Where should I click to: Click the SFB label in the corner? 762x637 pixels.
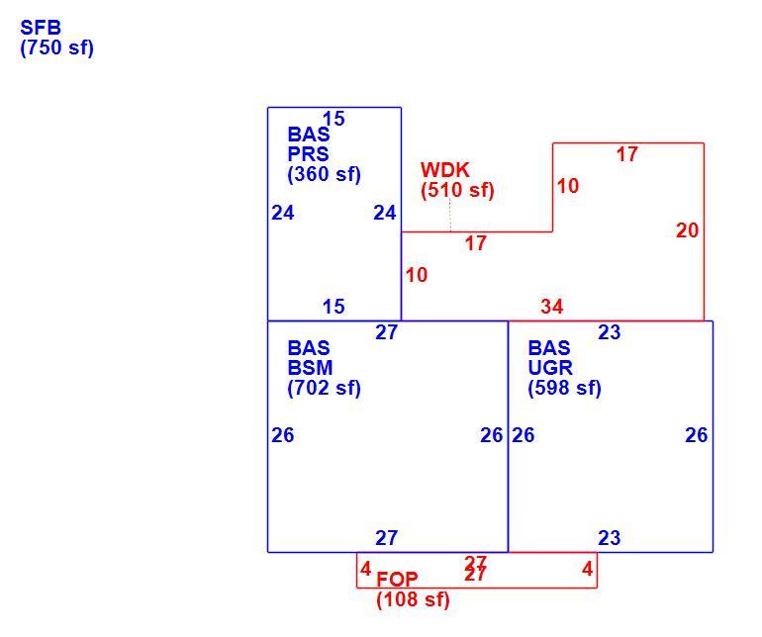tap(41, 28)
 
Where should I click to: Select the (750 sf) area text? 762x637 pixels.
tap(56, 47)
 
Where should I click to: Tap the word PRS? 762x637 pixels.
tap(308, 154)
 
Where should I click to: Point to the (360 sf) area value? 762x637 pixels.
tap(325, 174)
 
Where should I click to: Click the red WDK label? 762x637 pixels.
tap(444, 170)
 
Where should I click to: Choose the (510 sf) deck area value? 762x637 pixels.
tap(457, 190)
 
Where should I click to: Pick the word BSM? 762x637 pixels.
tap(310, 368)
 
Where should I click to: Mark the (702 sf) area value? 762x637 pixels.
tap(325, 388)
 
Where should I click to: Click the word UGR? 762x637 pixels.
tap(550, 368)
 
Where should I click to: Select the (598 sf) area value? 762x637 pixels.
tap(565, 388)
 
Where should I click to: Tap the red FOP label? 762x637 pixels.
tap(397, 580)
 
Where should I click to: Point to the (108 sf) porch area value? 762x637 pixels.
tap(413, 599)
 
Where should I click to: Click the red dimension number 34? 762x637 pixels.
tap(551, 307)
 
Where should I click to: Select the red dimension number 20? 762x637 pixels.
tap(687, 230)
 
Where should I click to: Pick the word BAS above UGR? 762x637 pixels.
tap(549, 348)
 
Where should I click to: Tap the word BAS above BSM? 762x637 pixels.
tap(309, 348)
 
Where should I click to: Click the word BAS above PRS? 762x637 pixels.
tap(309, 135)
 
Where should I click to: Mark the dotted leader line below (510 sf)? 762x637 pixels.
tap(450, 215)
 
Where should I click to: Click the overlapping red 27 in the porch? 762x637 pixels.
tap(475, 569)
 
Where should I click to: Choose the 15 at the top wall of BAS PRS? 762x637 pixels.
tap(333, 119)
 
